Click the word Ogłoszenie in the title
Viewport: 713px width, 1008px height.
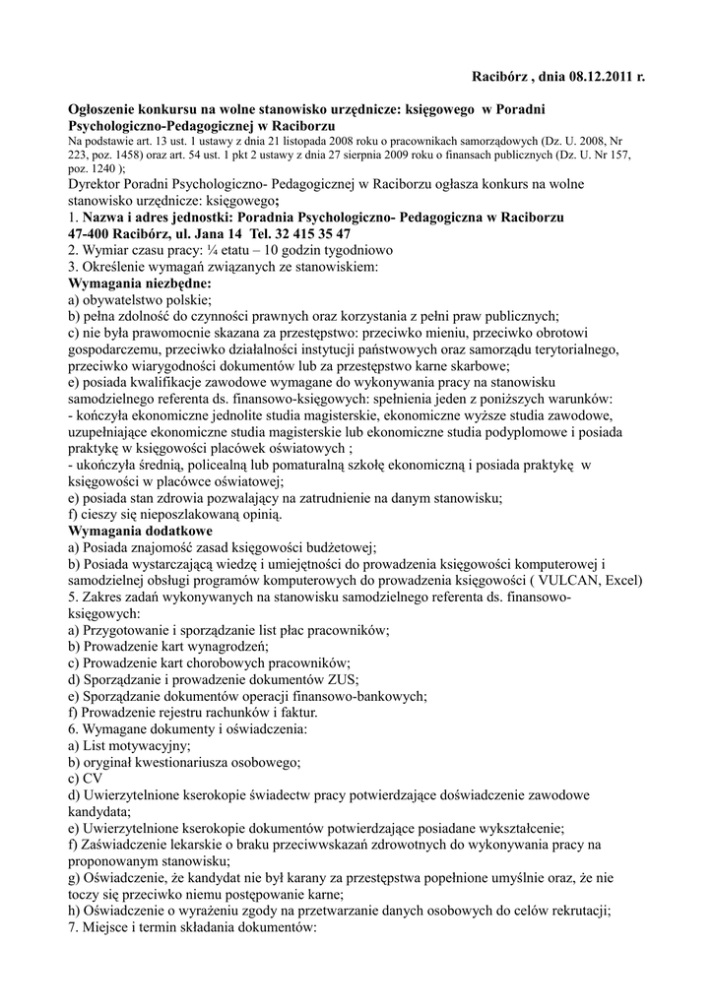pyautogui.click(x=105, y=110)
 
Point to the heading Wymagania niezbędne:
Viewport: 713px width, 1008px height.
pyautogui.click(x=132, y=283)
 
